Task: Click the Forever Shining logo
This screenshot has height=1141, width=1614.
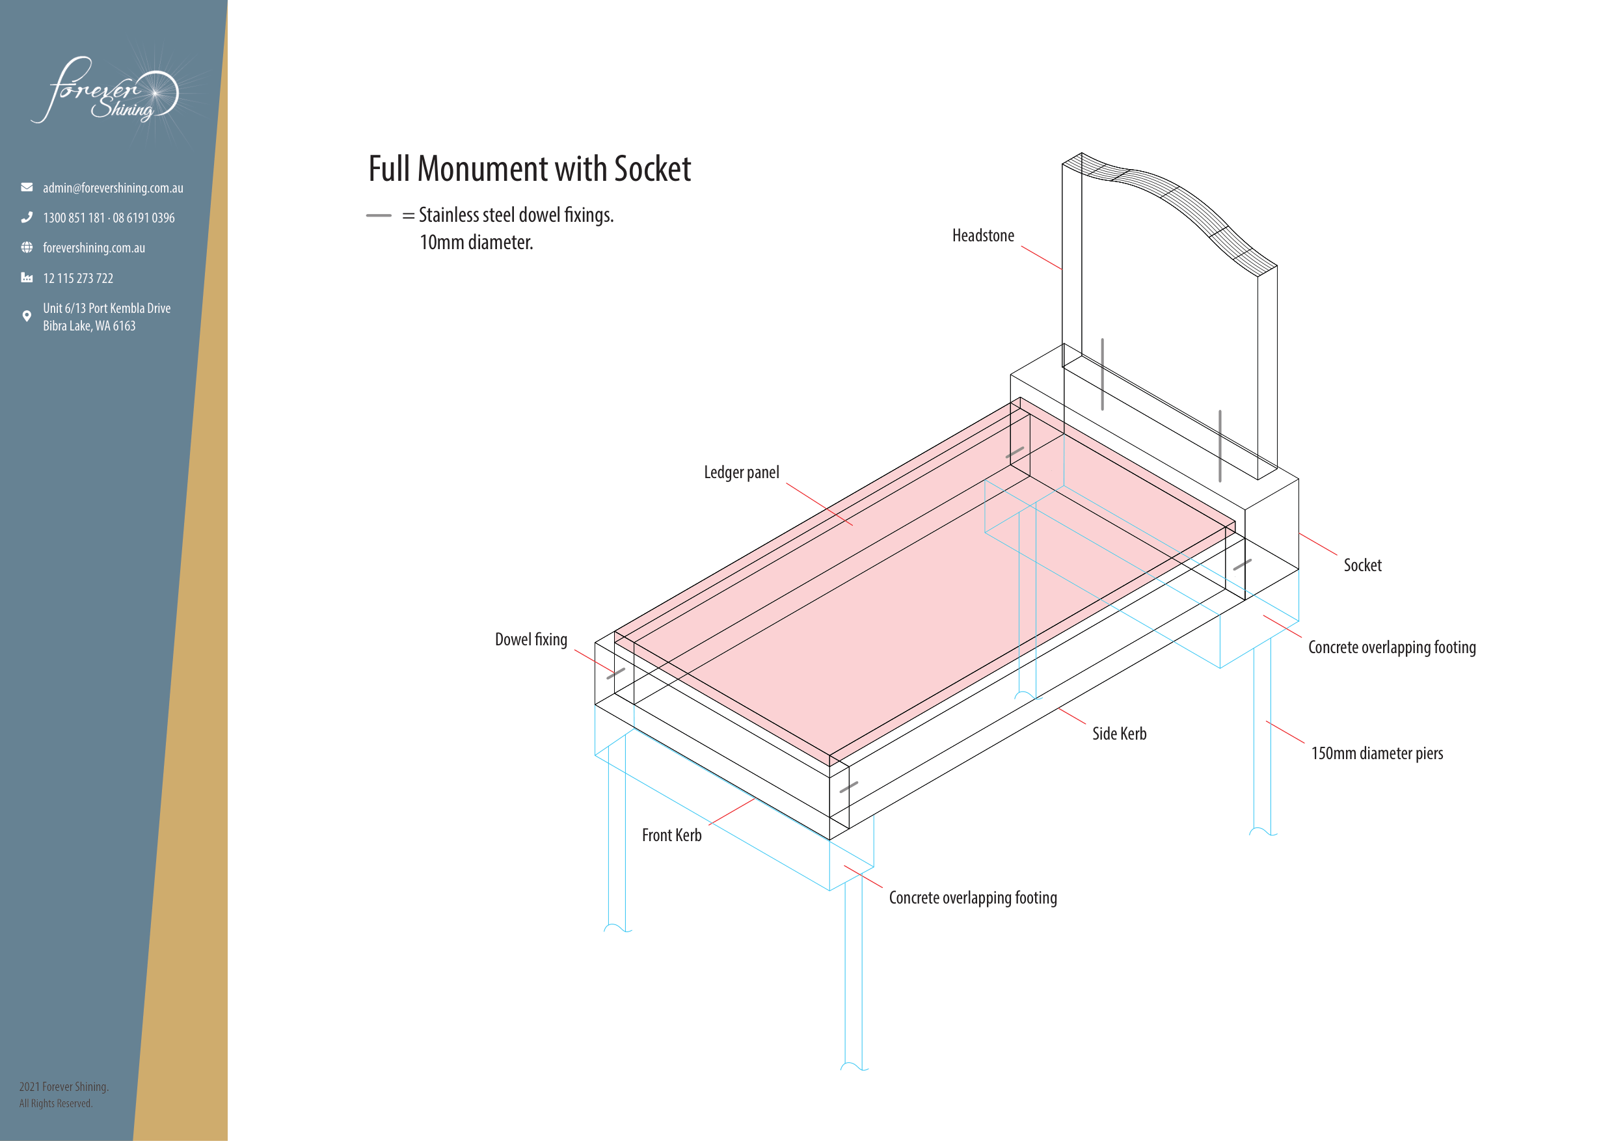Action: (105, 91)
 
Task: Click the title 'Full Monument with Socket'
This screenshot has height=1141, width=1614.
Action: (530, 168)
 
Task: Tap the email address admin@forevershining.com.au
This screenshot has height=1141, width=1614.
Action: (113, 188)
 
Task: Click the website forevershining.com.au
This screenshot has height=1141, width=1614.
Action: (94, 247)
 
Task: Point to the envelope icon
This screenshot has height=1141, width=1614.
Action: (27, 187)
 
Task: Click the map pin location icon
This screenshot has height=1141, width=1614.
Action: (27, 315)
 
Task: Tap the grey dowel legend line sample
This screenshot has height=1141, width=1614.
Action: (378, 215)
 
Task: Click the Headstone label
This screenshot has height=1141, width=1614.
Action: (983, 235)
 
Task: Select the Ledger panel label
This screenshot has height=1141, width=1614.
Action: (742, 472)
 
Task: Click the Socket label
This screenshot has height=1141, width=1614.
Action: (1362, 565)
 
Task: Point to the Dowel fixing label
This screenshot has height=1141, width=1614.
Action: (531, 639)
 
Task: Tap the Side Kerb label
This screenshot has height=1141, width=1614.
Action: (1119, 733)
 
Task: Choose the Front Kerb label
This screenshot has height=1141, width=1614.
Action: (671, 835)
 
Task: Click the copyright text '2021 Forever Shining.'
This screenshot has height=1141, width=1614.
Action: (64, 1086)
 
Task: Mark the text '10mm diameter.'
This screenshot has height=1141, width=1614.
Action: (476, 243)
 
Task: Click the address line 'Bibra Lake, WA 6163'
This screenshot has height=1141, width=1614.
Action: (89, 325)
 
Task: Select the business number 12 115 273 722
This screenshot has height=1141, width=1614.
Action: (78, 278)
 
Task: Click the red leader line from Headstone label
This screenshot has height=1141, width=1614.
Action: (1041, 258)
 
